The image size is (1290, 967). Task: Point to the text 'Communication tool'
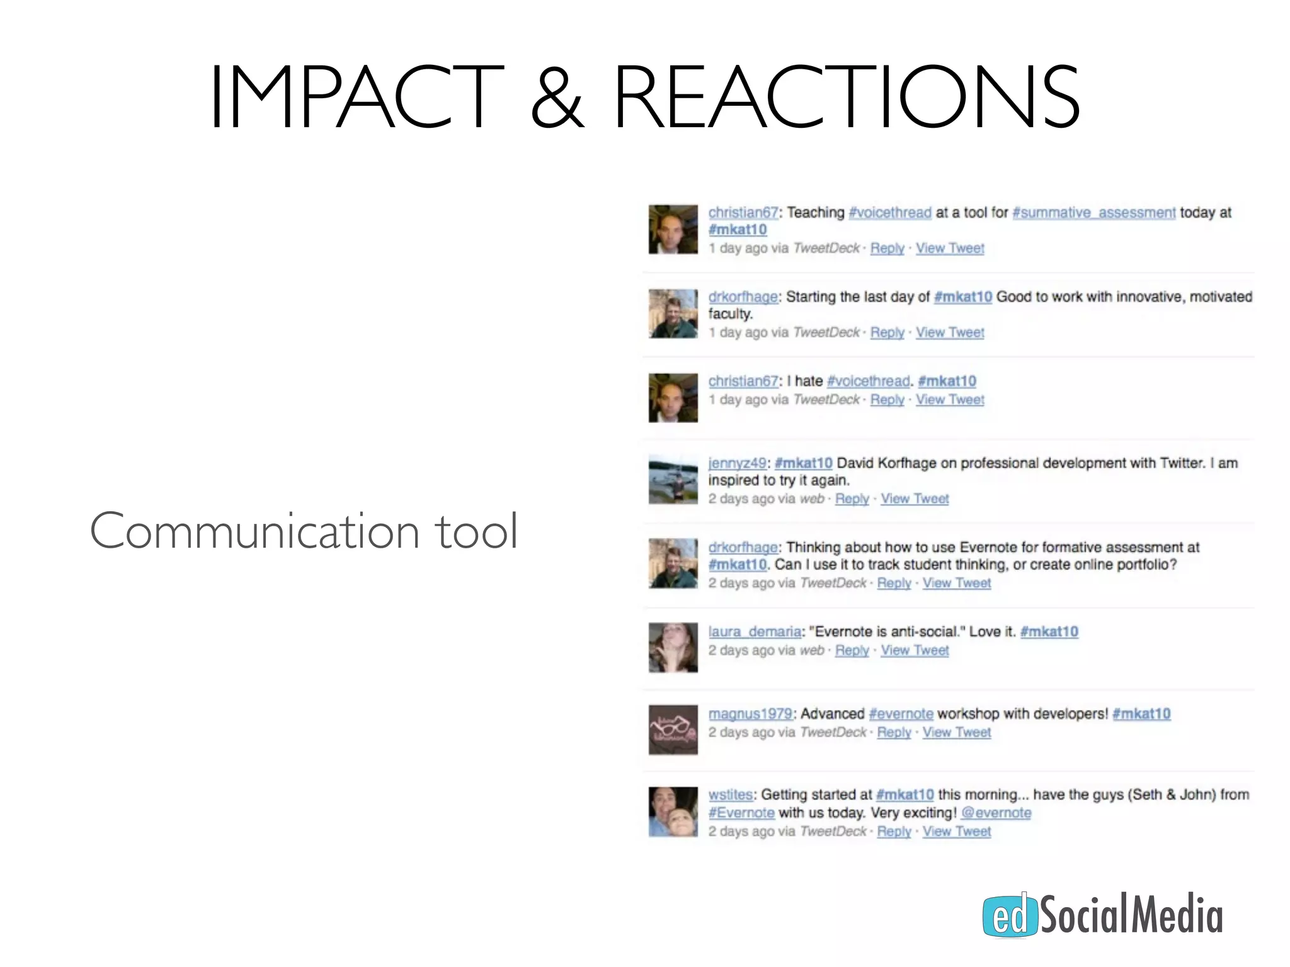coord(304,531)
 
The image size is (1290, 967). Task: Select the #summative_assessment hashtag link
coord(1093,213)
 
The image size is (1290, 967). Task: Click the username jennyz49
coord(737,463)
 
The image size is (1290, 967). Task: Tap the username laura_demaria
coord(755,631)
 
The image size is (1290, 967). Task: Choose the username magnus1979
coord(750,714)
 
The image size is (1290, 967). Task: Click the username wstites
coord(730,795)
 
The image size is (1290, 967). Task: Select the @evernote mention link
coord(996,813)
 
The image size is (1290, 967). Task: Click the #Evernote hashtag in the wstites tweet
coord(741,813)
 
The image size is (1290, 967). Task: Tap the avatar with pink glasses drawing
coord(673,730)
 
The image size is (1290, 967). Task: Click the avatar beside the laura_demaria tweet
coord(673,647)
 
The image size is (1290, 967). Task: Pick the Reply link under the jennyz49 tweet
coord(852,499)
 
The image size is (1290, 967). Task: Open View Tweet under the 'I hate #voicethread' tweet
coord(949,400)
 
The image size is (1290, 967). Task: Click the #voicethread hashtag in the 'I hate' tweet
coord(868,382)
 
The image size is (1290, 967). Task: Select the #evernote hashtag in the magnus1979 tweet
coord(901,714)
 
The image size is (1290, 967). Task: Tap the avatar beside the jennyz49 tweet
coord(673,480)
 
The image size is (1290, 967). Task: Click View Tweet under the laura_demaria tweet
coord(914,650)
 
